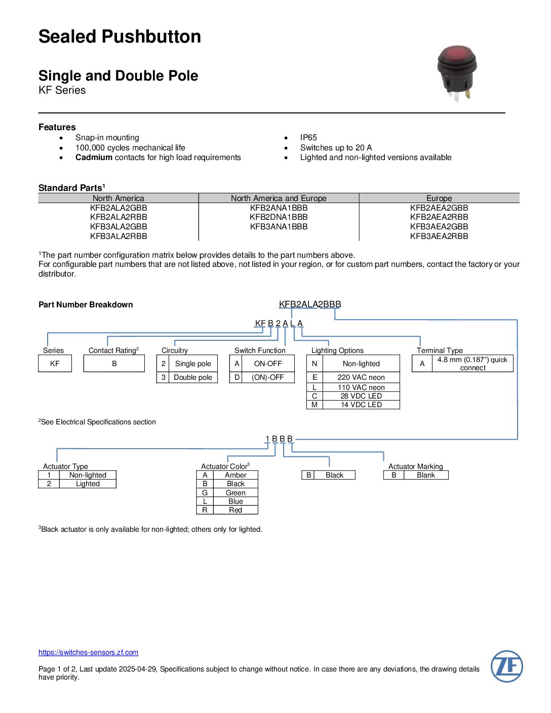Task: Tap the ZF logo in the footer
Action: [506, 666]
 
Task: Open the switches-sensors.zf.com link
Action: [88, 652]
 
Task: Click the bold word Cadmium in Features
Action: [94, 157]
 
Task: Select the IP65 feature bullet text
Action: [308, 137]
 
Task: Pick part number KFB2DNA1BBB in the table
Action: [279, 217]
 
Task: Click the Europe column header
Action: [439, 198]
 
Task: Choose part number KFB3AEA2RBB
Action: [439, 236]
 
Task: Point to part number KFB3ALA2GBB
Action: [119, 226]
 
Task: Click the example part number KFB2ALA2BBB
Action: [310, 304]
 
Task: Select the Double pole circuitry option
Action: [193, 377]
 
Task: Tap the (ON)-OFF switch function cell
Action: [267, 377]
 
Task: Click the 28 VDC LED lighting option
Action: [361, 396]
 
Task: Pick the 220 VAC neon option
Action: [361, 377]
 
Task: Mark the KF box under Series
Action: [55, 364]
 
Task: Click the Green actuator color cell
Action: [235, 493]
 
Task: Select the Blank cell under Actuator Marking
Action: [426, 475]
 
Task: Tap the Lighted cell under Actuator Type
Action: [88, 484]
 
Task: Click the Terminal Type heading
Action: [440, 350]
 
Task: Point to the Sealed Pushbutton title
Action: [120, 36]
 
